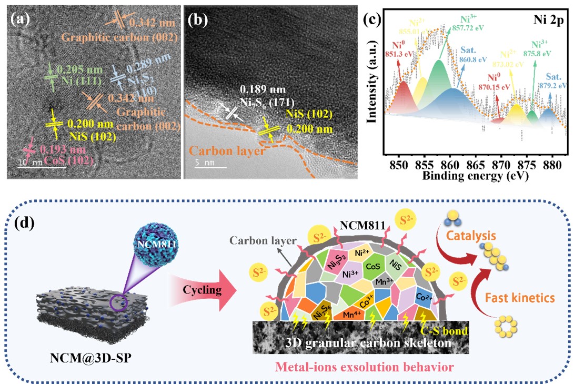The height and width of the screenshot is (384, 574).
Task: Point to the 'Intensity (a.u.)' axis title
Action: tap(372, 90)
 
